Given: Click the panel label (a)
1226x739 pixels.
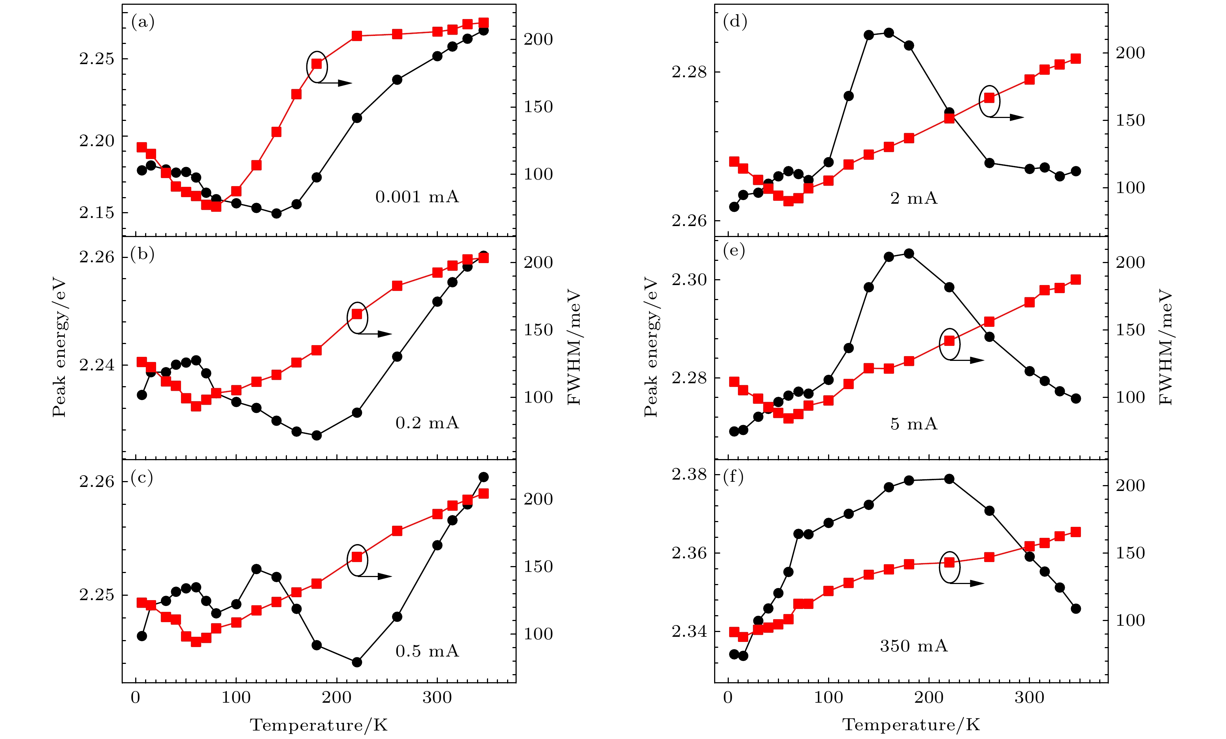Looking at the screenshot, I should [143, 22].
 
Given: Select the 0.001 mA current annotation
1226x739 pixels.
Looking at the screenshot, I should [417, 197].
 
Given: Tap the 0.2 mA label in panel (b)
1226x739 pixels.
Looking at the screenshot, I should [427, 423].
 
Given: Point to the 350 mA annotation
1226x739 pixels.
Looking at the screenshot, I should [913, 646].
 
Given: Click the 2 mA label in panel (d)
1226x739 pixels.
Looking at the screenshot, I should [913, 199].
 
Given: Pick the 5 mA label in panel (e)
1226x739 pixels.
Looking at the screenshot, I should [913, 424].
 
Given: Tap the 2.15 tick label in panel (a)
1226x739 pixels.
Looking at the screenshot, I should [96, 213].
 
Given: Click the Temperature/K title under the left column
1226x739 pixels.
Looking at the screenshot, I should [318, 725].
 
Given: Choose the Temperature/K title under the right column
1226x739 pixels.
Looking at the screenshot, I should [911, 725].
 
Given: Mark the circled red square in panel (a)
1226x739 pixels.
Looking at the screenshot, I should [317, 64].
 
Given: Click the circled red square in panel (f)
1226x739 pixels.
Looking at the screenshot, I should [949, 562].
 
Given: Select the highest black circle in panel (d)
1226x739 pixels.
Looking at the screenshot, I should [889, 33].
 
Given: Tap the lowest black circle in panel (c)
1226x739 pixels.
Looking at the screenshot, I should [357, 662].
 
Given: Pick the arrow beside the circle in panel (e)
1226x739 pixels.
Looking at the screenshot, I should [970, 360].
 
